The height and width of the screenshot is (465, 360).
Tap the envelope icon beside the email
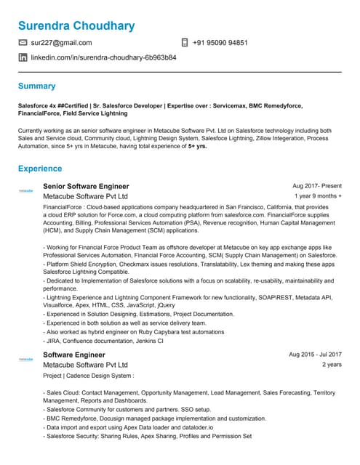pos(23,43)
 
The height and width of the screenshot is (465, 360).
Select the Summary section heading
pos(36,86)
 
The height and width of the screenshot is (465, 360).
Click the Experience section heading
pos(40,169)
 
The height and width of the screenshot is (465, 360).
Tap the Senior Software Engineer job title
pos(86,187)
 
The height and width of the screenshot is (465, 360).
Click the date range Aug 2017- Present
pos(316,187)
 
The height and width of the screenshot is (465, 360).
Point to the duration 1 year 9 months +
pos(318,196)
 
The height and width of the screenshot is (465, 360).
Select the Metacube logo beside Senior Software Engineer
pos(26,190)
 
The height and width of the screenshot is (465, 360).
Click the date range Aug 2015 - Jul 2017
pos(315,355)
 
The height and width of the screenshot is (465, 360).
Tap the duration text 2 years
pos(332,365)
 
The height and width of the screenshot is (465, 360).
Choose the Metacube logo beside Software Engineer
pos(26,359)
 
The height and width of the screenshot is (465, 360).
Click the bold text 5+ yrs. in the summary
pos(197,146)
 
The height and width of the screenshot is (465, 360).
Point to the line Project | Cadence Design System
pos(89,376)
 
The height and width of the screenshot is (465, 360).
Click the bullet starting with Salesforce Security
pos(148,437)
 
